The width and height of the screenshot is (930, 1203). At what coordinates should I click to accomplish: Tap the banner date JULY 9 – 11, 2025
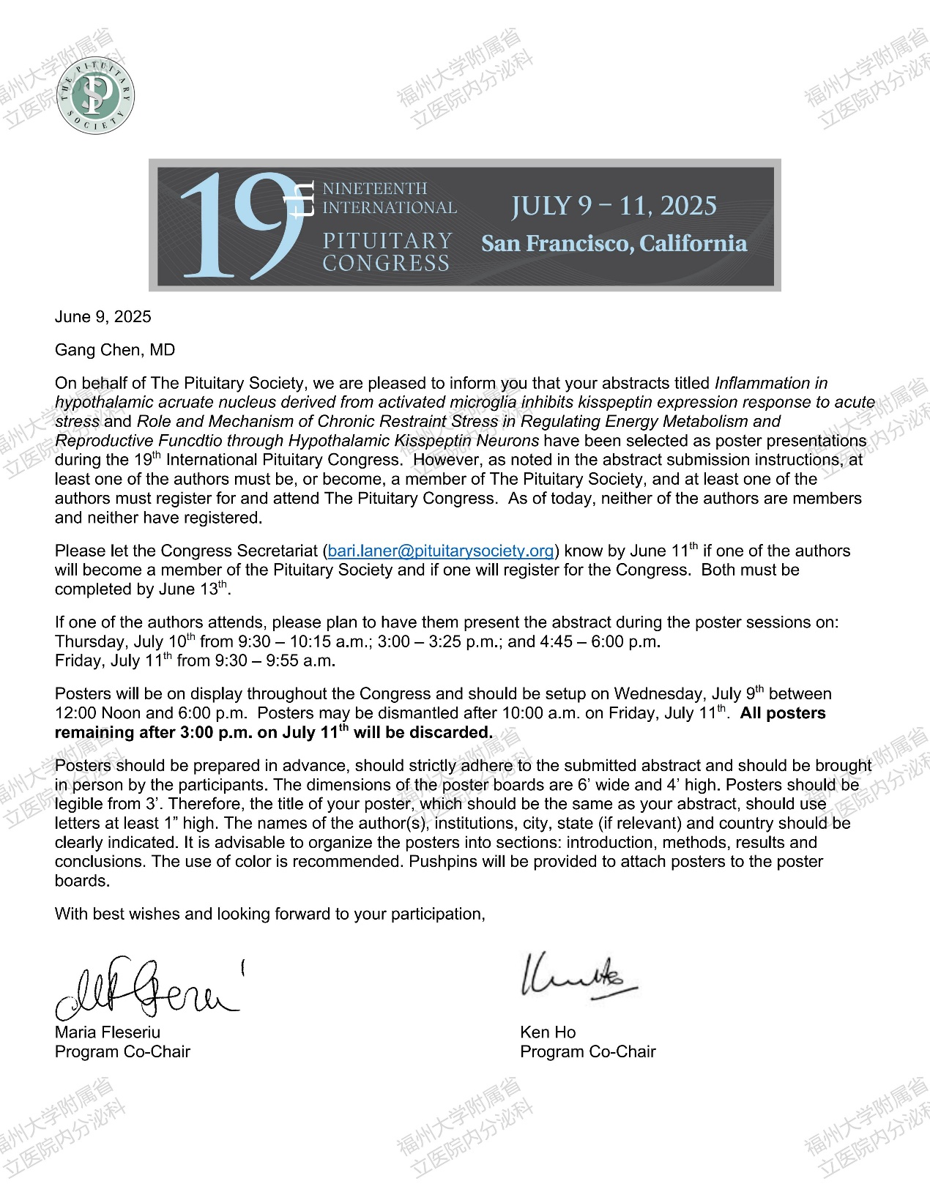[x=614, y=206]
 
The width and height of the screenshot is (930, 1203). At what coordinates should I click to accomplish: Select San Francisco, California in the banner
[x=614, y=243]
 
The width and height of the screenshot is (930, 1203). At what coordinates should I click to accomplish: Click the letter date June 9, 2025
[x=103, y=316]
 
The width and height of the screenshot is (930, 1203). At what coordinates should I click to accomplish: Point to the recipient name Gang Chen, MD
[x=115, y=349]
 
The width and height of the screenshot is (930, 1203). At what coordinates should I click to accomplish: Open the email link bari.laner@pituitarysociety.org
[x=440, y=551]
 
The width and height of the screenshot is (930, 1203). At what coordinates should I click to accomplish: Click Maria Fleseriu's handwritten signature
[x=146, y=988]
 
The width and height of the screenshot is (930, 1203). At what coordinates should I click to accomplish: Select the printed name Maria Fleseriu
[x=107, y=1032]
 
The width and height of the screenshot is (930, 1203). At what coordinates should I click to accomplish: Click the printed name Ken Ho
[x=548, y=1032]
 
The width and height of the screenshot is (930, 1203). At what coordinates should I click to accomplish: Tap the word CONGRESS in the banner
[x=386, y=263]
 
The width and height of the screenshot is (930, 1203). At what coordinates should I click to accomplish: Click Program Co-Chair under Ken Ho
[x=587, y=1051]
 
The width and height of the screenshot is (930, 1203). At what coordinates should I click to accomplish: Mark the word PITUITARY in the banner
[x=387, y=241]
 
